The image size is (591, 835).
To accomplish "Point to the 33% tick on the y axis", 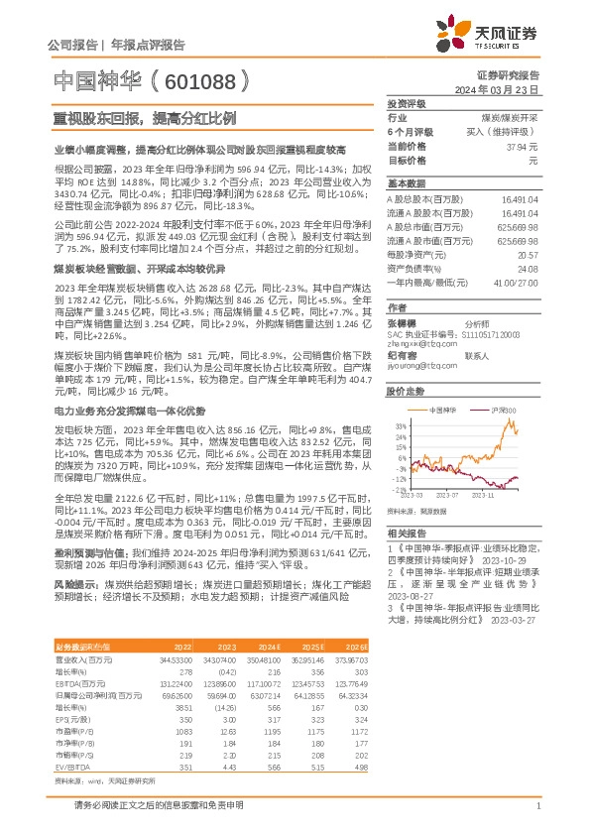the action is (398, 423).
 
